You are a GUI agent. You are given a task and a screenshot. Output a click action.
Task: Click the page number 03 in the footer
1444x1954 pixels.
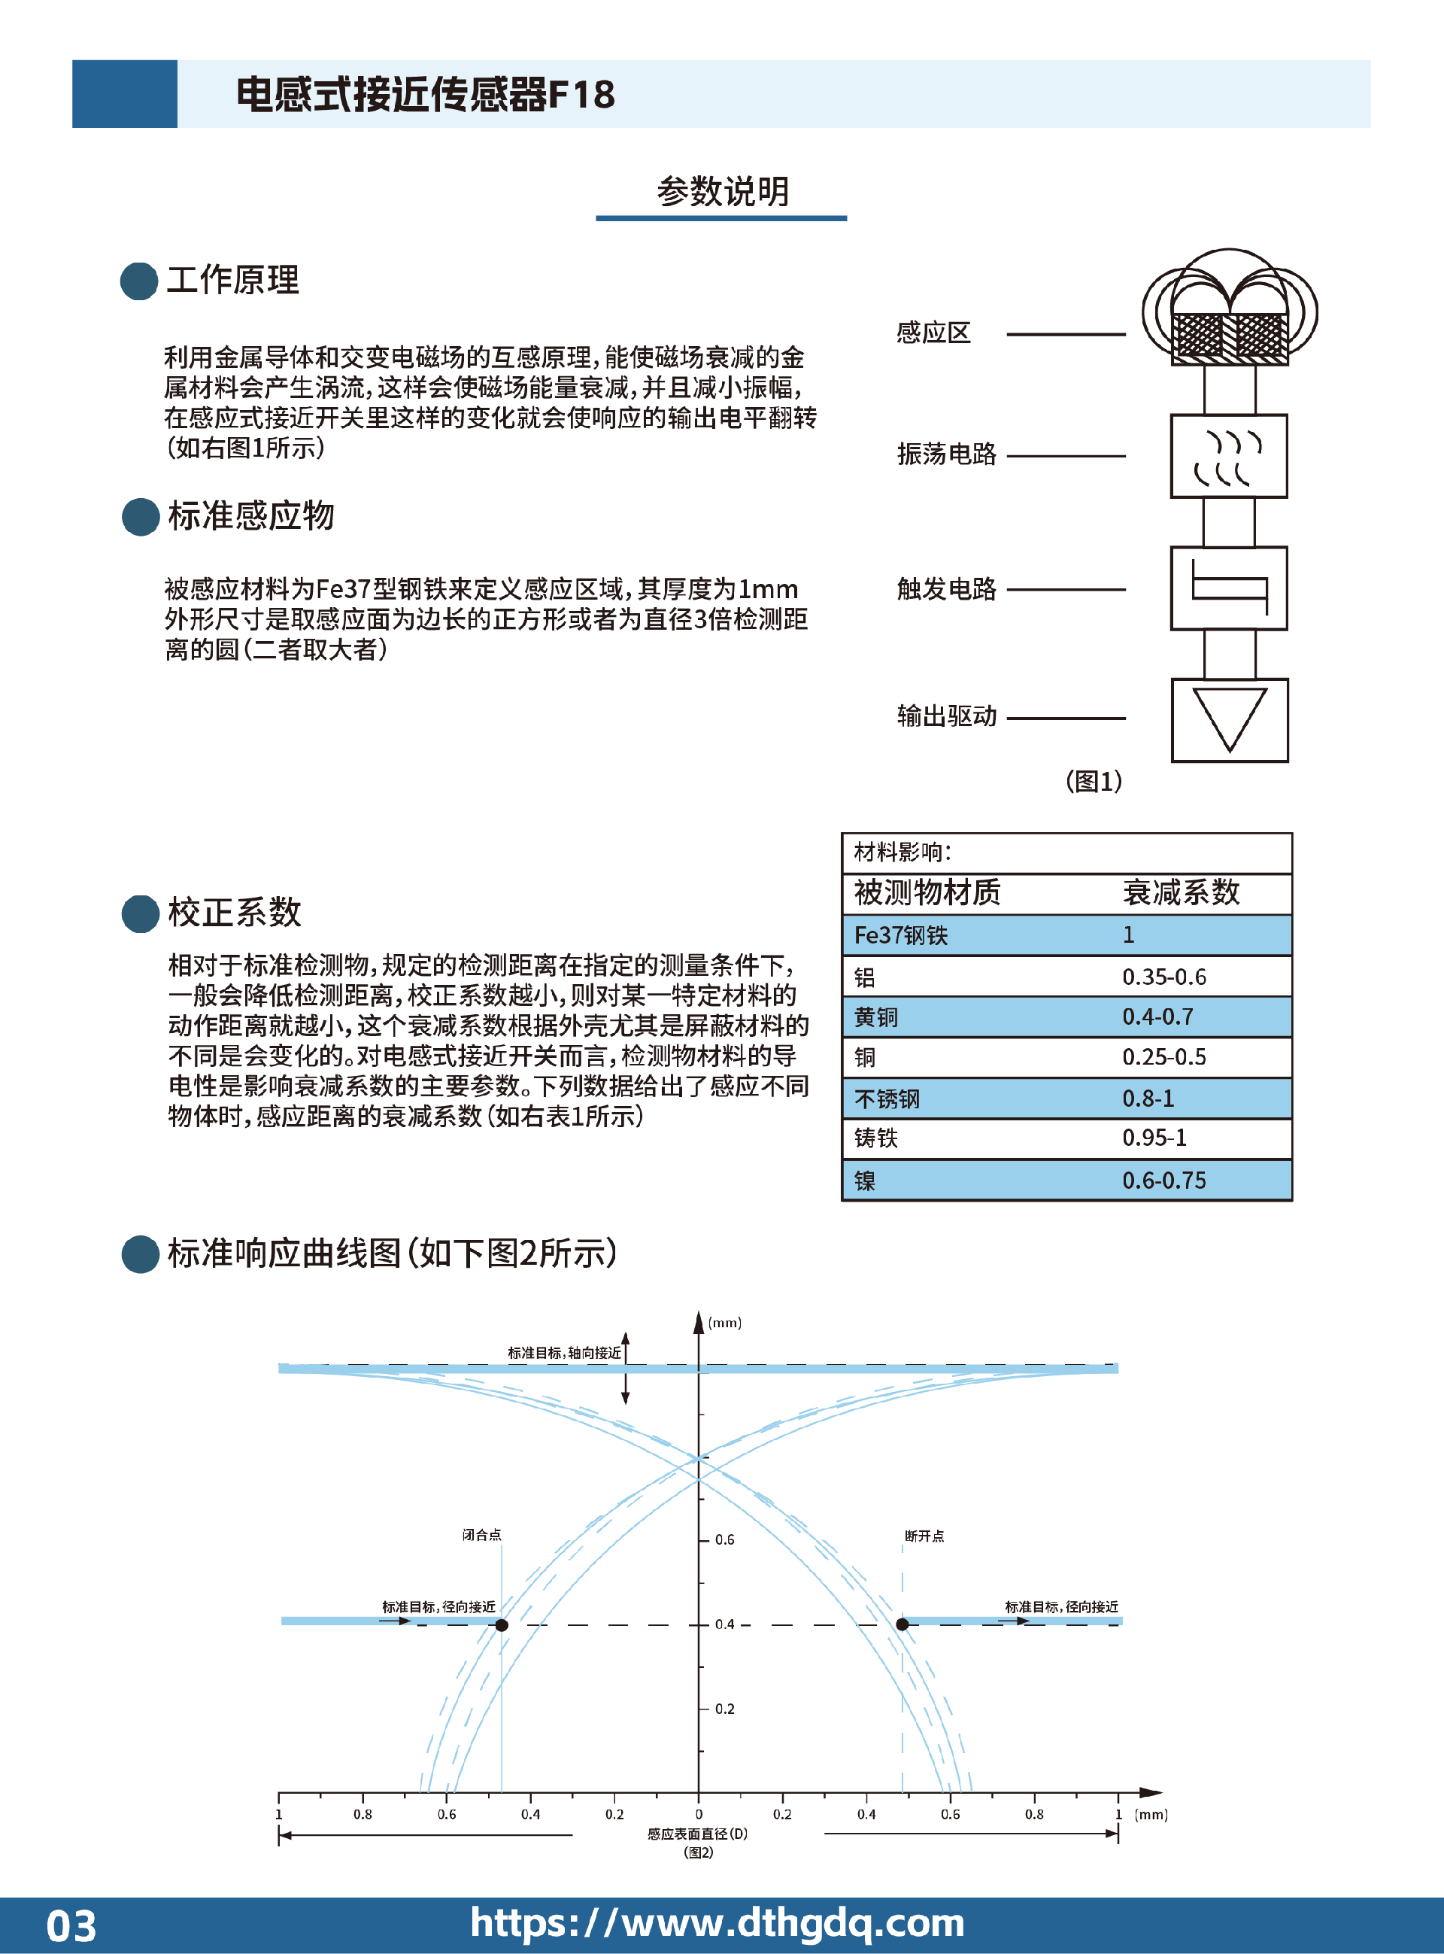click(71, 1926)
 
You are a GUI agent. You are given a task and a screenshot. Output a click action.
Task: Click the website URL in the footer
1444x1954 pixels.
click(717, 1922)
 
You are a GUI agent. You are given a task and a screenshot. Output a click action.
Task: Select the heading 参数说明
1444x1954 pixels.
click(723, 191)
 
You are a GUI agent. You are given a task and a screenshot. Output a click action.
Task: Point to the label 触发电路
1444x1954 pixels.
click(947, 589)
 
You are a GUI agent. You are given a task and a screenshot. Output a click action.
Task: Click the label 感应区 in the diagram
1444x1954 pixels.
click(933, 333)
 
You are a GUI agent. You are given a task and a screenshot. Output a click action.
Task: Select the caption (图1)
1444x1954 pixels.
click(1094, 781)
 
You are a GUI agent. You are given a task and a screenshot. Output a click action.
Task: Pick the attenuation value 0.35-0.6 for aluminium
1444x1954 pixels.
click(1164, 977)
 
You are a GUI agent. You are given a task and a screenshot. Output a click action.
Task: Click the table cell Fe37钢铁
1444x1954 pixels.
click(900, 935)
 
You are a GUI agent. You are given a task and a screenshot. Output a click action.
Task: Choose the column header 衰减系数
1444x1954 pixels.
click(1181, 892)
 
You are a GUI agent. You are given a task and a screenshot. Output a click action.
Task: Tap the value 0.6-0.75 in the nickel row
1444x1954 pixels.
click(1164, 1181)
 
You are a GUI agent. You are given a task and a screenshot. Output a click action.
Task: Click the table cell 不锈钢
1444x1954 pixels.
click(887, 1099)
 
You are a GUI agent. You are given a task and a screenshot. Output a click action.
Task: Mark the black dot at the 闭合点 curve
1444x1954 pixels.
click(502, 1625)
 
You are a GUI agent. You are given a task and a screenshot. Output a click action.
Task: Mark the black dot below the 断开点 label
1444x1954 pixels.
click(902, 1624)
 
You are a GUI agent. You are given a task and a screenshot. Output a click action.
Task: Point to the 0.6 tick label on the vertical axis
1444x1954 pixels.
click(724, 1539)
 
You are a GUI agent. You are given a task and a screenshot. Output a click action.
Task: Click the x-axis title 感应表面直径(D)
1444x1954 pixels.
click(697, 1834)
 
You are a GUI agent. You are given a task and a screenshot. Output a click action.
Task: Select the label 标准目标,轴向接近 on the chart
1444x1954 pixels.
click(565, 1353)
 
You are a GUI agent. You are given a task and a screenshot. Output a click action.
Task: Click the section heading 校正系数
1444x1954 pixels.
click(234, 912)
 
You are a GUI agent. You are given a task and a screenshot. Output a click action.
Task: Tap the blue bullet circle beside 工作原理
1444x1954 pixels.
click(139, 281)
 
